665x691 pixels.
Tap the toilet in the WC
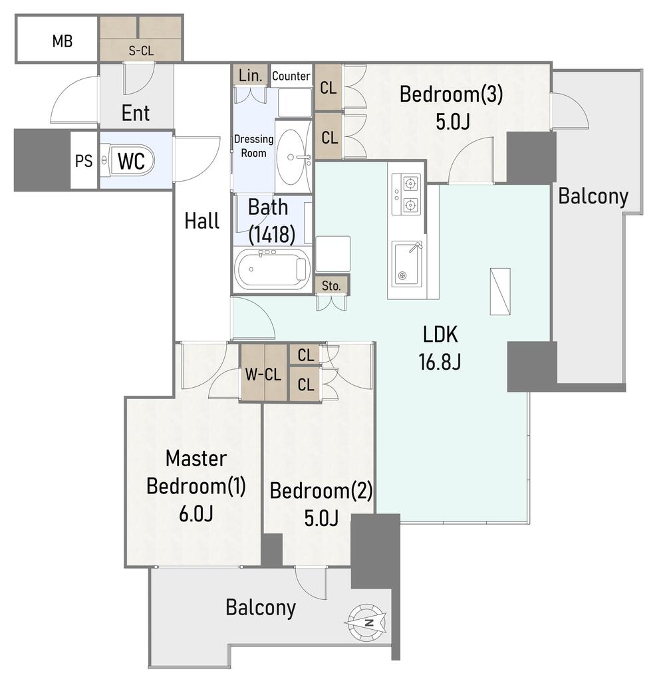(x=128, y=160)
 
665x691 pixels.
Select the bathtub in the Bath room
(x=273, y=269)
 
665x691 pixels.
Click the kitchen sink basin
(x=407, y=263)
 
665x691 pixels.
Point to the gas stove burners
(x=406, y=194)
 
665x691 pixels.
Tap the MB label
(x=62, y=41)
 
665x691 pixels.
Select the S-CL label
(x=141, y=51)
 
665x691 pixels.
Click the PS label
(x=84, y=161)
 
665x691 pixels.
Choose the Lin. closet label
(x=251, y=75)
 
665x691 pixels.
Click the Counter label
(x=291, y=76)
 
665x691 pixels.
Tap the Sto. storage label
(x=331, y=285)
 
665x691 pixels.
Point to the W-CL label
(x=263, y=374)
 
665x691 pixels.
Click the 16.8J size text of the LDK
(x=440, y=362)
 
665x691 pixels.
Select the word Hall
(x=202, y=221)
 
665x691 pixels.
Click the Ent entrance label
(x=135, y=113)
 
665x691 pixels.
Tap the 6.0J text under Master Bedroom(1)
(x=196, y=513)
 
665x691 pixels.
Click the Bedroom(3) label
(x=452, y=94)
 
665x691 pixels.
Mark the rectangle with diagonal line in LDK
(x=500, y=291)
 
